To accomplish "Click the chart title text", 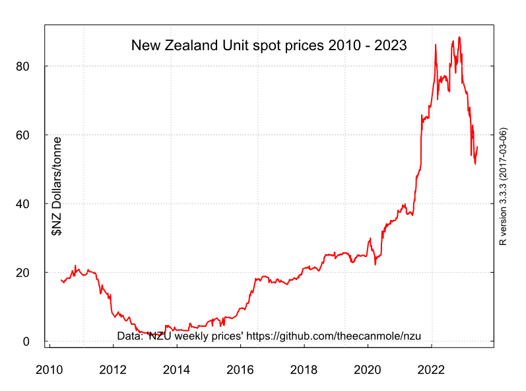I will click(269, 46).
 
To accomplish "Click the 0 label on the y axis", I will click(27, 341).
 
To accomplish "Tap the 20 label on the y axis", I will click(24, 273).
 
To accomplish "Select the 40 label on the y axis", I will click(24, 204).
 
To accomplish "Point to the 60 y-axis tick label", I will click(24, 135).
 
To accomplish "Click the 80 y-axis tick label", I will click(24, 67).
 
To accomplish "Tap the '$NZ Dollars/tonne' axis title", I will click(57, 186).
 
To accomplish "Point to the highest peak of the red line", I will click(459, 37).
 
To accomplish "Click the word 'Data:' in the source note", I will click(130, 336).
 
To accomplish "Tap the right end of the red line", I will click(477, 147).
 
